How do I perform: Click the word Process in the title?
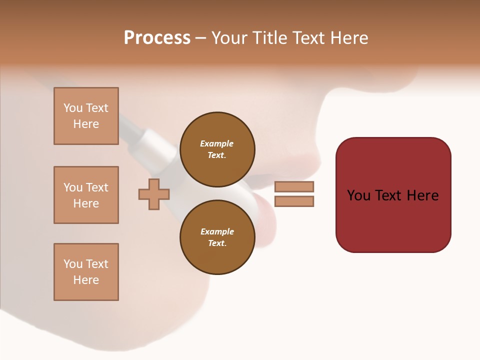157,38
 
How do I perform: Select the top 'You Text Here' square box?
86,116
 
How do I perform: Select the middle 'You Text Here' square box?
86,195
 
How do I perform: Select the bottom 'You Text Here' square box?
86,272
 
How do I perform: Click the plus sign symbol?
154,194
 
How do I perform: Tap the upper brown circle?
217,149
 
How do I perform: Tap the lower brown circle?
217,237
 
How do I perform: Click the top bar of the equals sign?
294,186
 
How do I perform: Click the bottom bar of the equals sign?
294,201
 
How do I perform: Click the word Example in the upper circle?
217,143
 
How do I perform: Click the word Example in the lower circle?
217,231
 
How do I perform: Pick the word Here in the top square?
86,124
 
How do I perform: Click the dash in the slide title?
201,38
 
